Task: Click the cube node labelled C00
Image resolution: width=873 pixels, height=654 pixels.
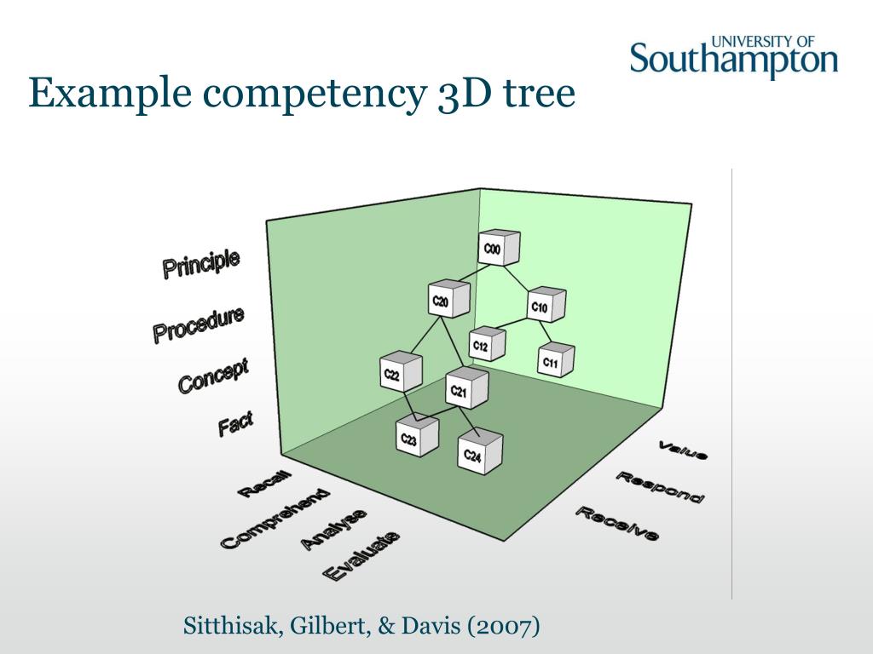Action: [498, 249]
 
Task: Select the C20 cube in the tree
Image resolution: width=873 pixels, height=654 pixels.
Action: [448, 300]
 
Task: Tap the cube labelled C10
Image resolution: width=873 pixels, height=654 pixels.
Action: [546, 306]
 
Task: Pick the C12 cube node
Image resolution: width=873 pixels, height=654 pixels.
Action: [487, 344]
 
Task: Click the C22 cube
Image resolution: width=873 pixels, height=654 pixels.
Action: [400, 373]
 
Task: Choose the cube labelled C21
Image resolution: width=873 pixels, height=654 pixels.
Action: [466, 390]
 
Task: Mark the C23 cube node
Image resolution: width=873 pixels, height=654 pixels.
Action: [416, 438]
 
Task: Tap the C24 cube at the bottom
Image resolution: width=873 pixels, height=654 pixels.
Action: [479, 453]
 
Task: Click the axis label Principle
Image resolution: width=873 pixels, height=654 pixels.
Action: [201, 263]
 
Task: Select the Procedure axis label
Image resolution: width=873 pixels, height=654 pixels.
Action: [199, 324]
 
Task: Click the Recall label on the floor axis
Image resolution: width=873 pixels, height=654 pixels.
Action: [263, 484]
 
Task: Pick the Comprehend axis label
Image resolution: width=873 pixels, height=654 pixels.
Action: [275, 518]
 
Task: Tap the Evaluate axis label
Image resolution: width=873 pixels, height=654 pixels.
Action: [361, 555]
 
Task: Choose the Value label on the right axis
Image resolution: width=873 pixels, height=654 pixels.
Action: [683, 450]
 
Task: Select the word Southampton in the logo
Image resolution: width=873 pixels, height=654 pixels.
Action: [734, 60]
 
